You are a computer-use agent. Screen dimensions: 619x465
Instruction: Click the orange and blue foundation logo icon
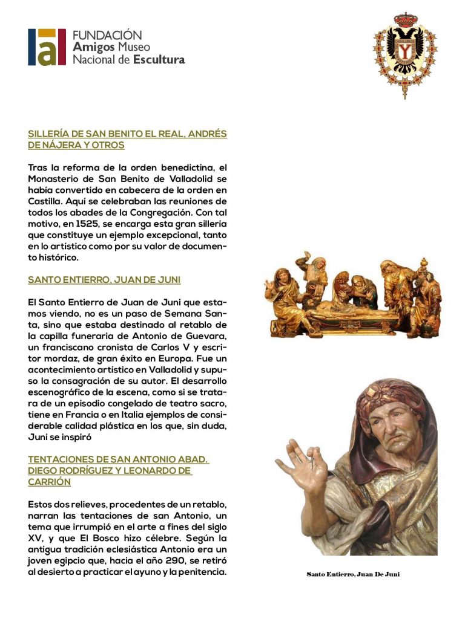point(47,47)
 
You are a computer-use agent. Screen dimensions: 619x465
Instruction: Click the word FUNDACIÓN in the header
point(107,35)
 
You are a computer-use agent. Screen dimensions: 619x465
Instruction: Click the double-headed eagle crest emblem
point(405,52)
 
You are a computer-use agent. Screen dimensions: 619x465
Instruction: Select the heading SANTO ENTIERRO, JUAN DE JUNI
point(104,280)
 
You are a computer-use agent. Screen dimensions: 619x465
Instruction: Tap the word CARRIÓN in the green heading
point(49,482)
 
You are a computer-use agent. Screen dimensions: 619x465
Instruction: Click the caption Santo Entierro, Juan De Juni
point(353,574)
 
